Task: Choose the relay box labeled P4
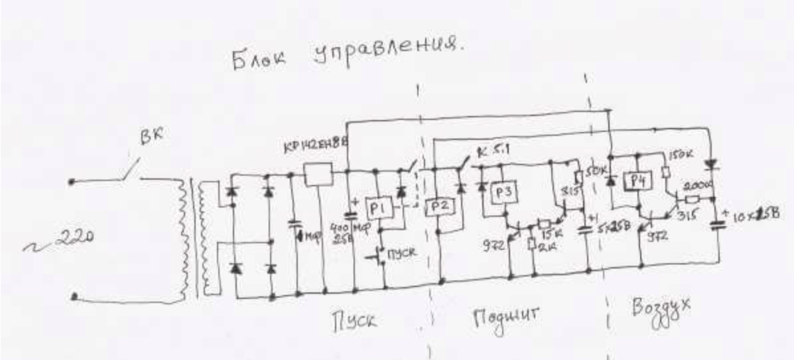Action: pyautogui.click(x=637, y=180)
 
